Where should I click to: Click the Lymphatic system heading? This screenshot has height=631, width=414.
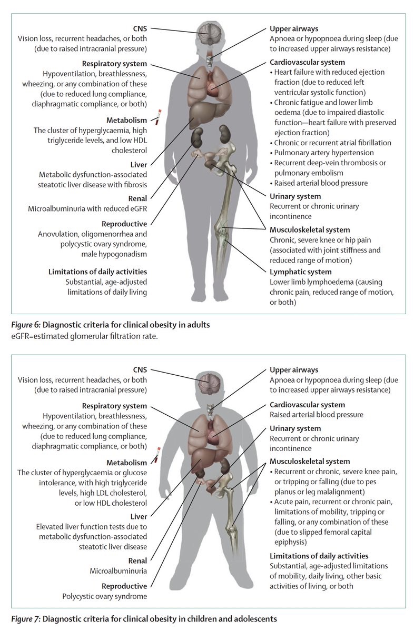point(300,272)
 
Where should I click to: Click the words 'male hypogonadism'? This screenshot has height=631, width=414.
point(117,254)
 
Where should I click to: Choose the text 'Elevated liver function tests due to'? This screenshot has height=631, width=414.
point(93,527)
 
